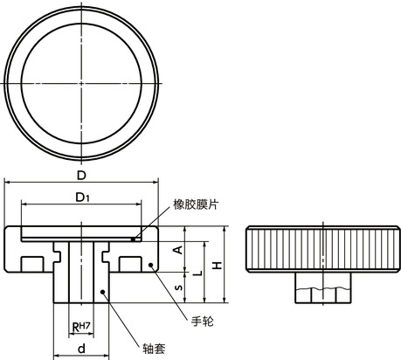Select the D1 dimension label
click(80, 197)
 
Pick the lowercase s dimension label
click(178, 286)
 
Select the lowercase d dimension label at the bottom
click(80, 349)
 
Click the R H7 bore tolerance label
click(80, 328)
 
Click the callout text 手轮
click(201, 321)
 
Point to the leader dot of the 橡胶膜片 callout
click(134, 235)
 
